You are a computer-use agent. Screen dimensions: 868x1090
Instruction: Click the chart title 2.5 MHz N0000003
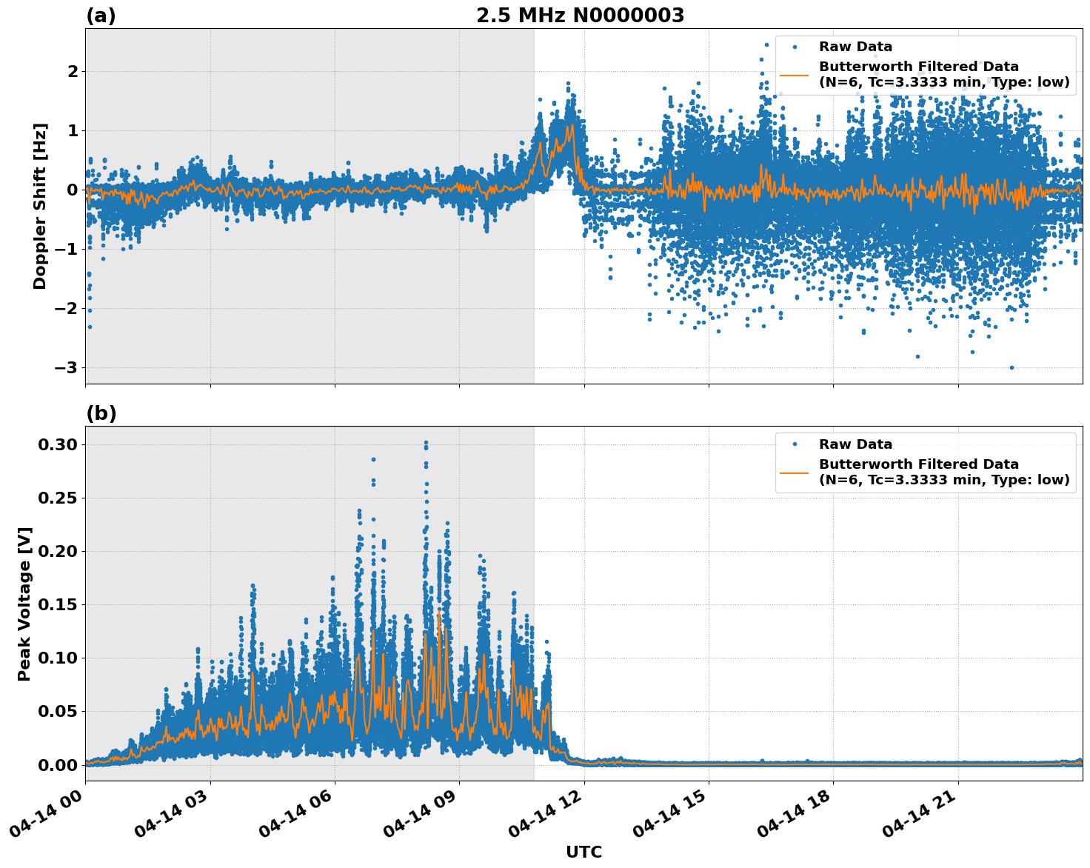click(x=580, y=16)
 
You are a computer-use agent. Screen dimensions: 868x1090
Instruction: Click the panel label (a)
click(x=101, y=16)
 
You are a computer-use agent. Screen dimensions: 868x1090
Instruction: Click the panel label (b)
click(x=101, y=413)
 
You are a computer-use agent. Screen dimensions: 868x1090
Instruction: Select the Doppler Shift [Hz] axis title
click(x=40, y=206)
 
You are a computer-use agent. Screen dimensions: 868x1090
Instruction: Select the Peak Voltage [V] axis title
click(x=25, y=604)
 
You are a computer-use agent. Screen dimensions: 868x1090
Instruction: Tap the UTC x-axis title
click(x=584, y=852)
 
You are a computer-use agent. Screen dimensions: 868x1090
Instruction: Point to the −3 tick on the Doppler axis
click(x=65, y=367)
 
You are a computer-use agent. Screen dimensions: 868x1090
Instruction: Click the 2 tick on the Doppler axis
click(x=72, y=71)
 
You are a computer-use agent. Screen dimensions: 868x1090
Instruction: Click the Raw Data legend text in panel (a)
click(x=855, y=47)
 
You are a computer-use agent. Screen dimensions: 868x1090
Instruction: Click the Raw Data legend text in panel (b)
click(x=855, y=444)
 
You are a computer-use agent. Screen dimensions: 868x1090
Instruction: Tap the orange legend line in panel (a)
click(x=795, y=74)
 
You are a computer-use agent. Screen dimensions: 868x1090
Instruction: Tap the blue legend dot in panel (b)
click(x=795, y=444)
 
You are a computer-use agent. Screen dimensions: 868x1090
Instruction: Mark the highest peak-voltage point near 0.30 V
click(x=426, y=442)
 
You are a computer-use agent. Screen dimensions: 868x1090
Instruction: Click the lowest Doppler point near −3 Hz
click(x=1012, y=367)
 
